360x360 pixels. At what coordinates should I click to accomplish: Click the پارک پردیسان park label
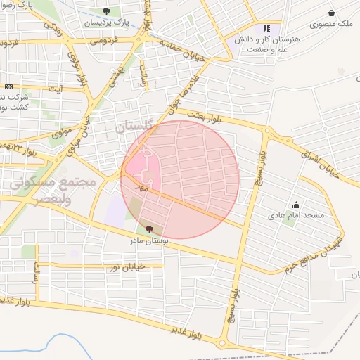(x=106, y=22)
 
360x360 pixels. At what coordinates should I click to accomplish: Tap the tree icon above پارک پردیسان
(x=106, y=11)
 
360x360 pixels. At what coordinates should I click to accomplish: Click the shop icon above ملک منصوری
(x=331, y=13)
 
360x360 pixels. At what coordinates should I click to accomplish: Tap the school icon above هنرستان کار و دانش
(x=266, y=28)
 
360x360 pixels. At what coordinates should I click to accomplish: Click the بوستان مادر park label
(x=148, y=240)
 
